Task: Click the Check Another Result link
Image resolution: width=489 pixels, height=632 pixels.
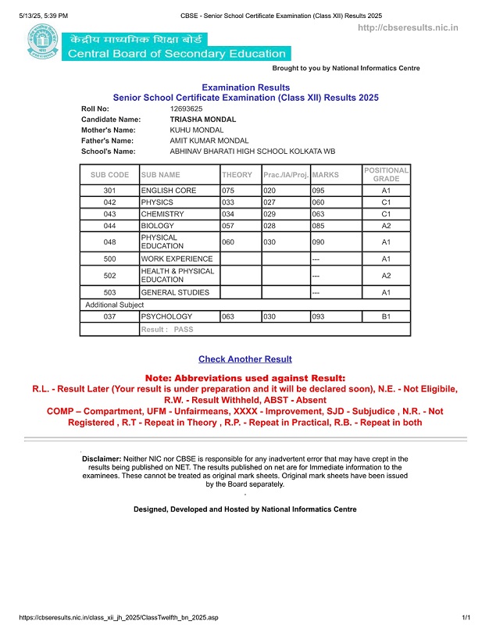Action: coord(245,359)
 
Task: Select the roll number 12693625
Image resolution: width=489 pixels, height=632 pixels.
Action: coord(187,109)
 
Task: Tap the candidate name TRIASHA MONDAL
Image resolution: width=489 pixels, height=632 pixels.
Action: coord(202,120)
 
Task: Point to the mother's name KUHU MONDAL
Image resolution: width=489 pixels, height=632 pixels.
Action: coord(197,130)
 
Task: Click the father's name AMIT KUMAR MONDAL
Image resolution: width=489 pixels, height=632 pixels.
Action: coord(209,141)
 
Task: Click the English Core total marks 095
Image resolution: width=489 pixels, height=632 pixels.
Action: coord(318,191)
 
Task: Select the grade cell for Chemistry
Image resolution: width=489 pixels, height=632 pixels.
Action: coord(385,214)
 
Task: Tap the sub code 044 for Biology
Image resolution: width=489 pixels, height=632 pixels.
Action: coord(109,226)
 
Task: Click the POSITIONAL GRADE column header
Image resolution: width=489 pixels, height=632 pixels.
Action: coord(386,175)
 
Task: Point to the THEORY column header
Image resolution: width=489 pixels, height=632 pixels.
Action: coord(237,175)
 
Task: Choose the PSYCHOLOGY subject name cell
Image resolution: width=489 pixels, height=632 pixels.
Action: coord(166,317)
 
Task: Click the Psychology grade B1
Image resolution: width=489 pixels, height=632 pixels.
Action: coord(385,317)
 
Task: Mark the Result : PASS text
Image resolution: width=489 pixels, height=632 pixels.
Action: coord(167,330)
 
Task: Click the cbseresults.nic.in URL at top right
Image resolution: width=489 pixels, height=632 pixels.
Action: coord(407,28)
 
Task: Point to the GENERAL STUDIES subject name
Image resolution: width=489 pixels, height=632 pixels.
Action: coord(175,292)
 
